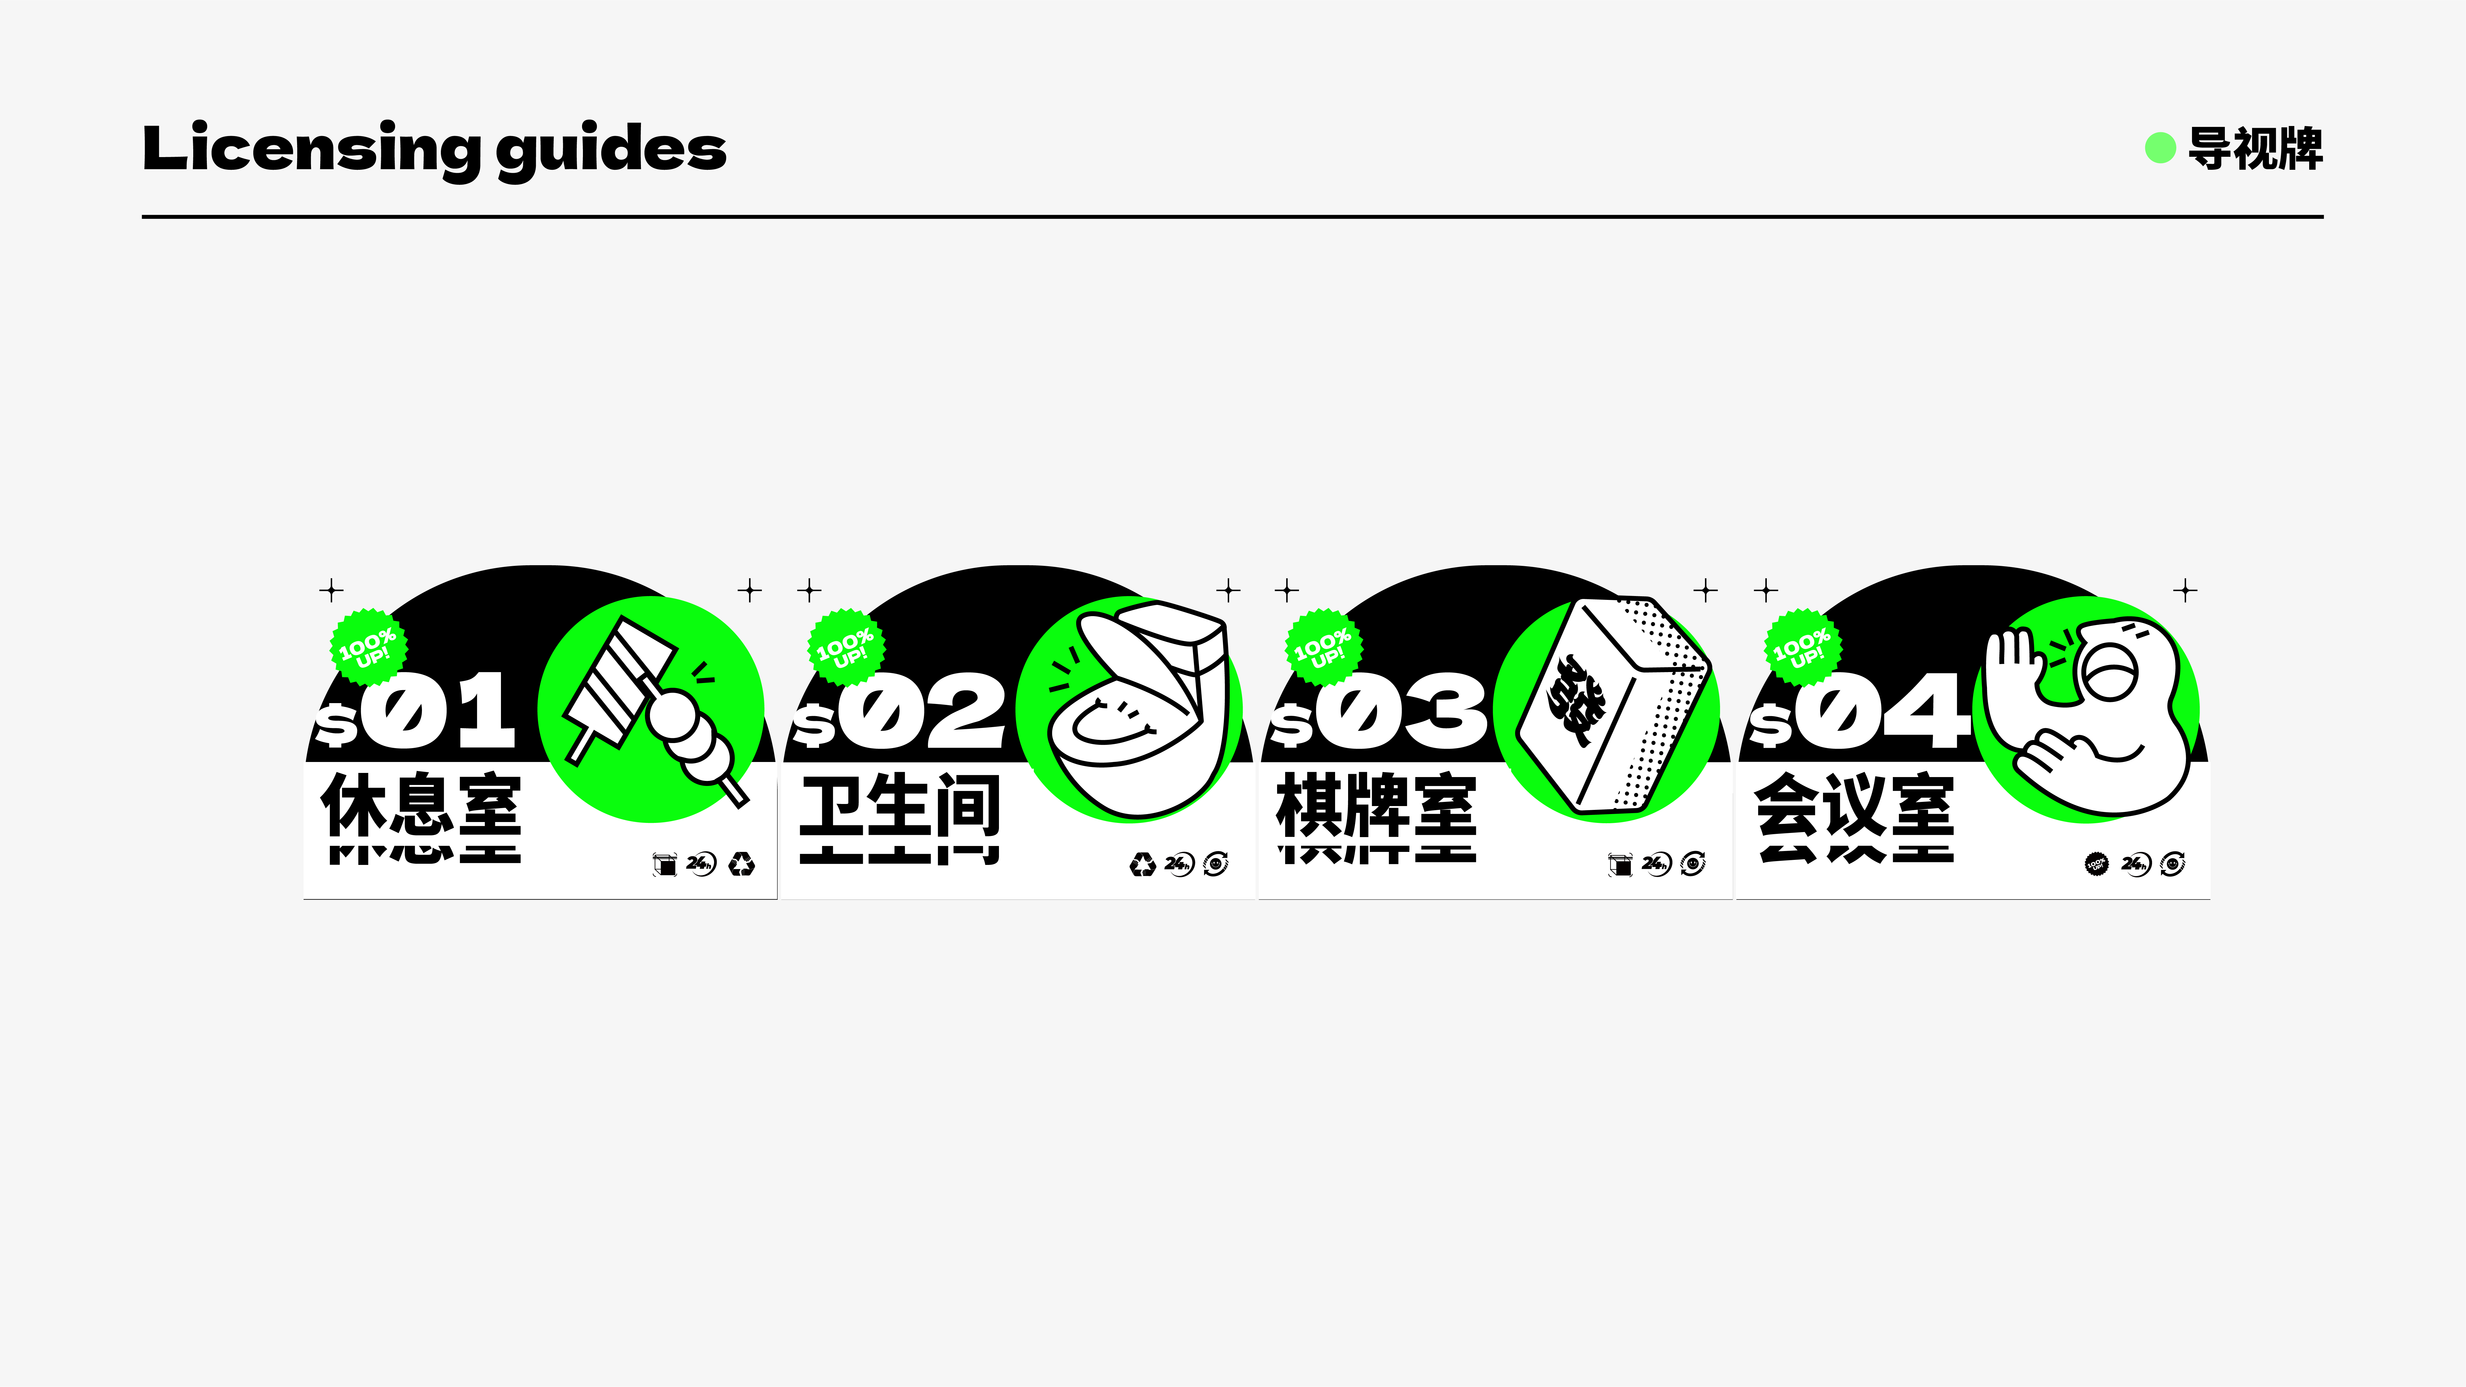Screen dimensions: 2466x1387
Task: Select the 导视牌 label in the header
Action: (x=2255, y=148)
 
